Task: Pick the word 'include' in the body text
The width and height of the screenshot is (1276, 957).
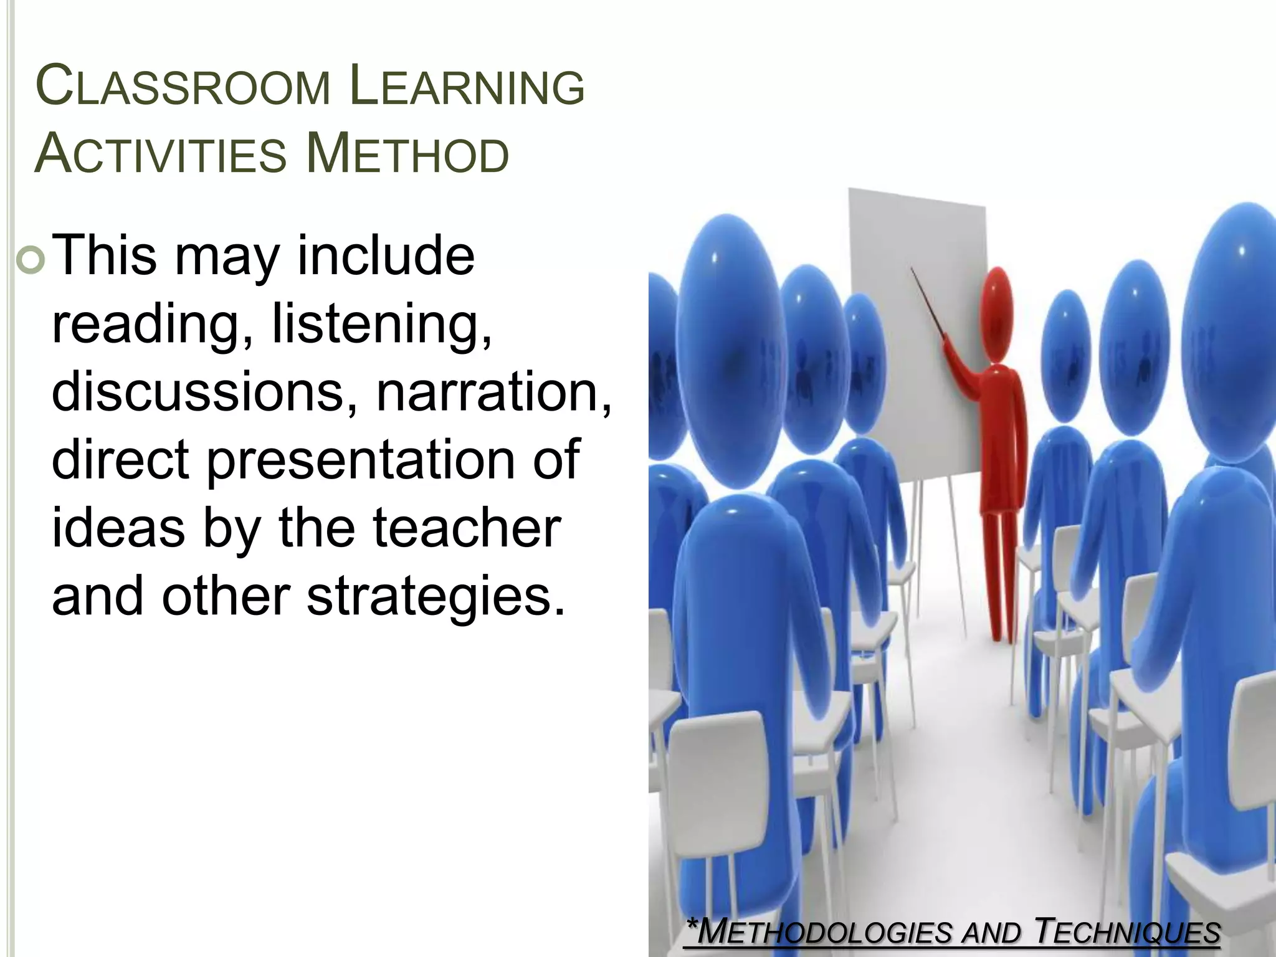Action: coord(386,256)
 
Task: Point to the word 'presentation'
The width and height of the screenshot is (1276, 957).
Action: coord(361,461)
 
